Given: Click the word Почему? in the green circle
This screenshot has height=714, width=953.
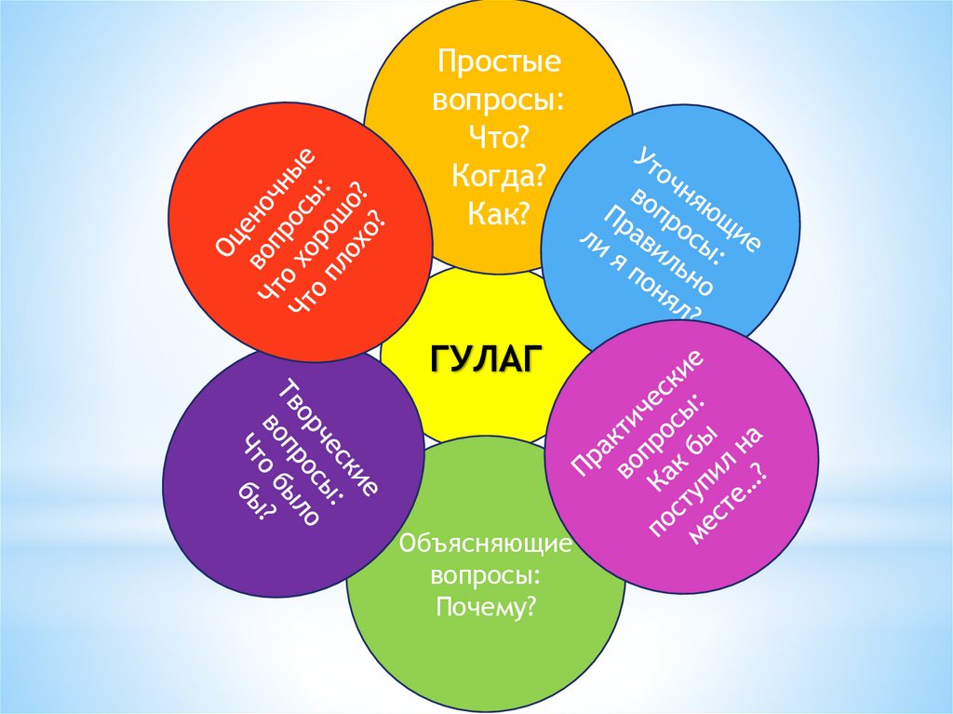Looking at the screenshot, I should coord(486,608).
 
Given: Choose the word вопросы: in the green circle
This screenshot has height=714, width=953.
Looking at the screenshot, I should coord(485,574).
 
